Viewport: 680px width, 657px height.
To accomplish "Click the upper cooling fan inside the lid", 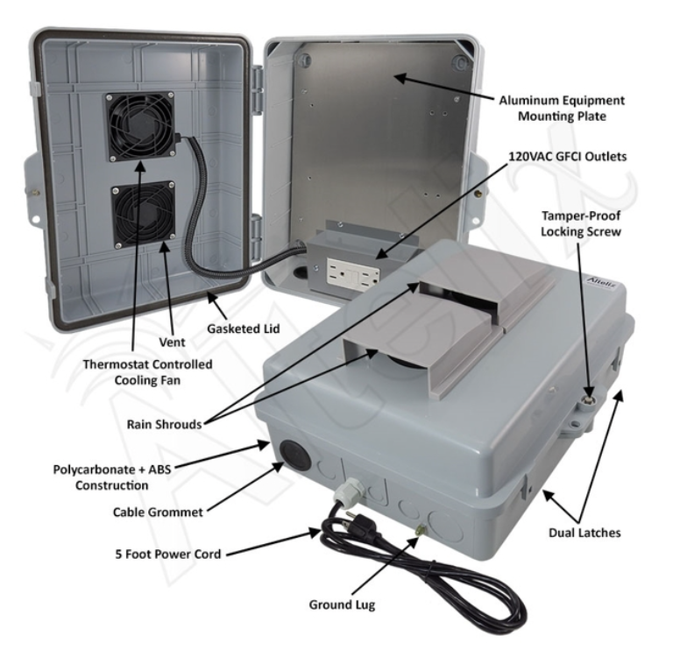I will point(140,128).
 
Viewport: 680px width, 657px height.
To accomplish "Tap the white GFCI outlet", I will point(353,271).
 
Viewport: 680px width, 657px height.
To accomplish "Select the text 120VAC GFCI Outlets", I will point(560,156).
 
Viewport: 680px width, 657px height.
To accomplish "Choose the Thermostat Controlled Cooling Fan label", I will point(148,371).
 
